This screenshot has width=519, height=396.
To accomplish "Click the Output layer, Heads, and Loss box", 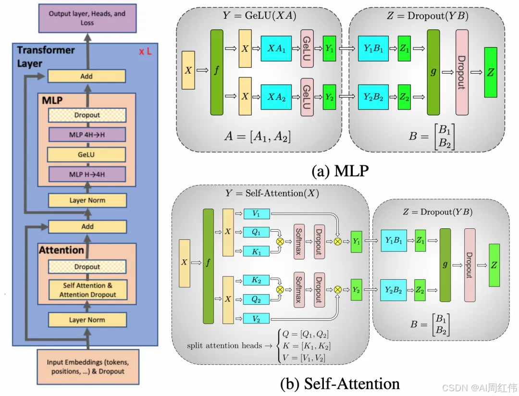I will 87,18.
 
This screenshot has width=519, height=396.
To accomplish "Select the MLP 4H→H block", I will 87,135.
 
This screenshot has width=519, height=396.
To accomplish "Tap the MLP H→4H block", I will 87,174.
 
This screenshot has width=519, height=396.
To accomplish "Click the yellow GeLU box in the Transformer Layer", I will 87,155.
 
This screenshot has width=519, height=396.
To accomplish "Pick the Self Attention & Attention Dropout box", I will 87,290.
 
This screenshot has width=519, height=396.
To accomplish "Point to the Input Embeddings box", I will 87,366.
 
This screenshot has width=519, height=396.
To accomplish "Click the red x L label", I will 145,51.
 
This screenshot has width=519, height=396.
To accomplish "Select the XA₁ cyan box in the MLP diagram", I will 276,48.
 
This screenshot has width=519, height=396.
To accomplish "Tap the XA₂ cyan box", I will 276,97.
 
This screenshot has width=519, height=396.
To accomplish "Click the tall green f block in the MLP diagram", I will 217,72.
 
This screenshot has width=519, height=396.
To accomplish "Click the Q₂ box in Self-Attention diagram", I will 257,299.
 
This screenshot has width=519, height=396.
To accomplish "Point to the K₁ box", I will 257,250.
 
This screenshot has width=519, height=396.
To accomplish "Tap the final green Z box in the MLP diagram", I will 491,72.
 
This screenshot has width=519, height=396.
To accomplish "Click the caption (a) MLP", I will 340,170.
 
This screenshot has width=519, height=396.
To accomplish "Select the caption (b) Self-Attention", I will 340,384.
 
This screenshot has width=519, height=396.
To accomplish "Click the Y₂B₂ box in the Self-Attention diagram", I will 394,290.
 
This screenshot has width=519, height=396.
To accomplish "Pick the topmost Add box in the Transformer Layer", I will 87,76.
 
